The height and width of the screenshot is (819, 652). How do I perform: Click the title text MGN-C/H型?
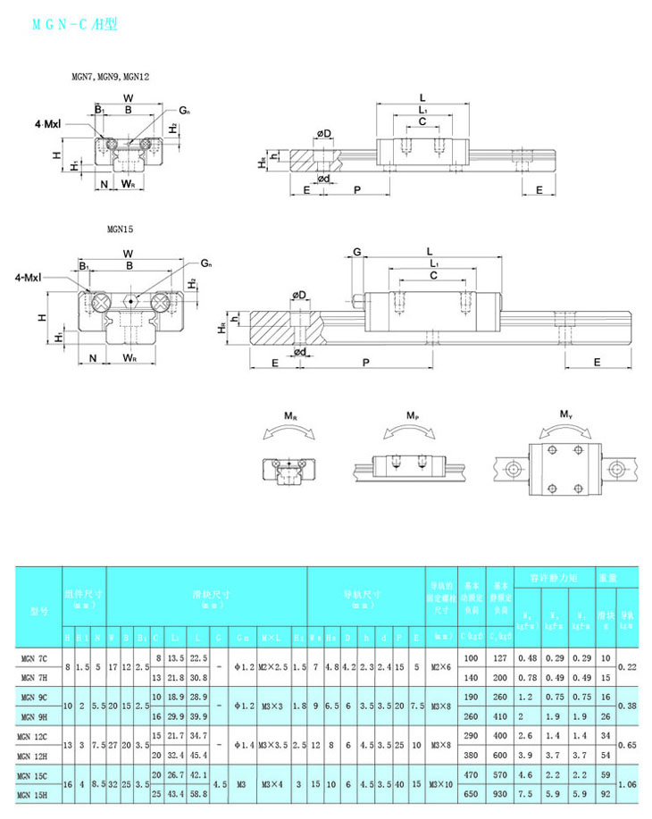tap(75, 25)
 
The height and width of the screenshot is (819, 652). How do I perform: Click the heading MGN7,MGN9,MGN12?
tap(110, 77)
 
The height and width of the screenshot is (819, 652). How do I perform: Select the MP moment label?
tap(412, 416)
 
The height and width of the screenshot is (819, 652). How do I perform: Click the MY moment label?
tap(566, 414)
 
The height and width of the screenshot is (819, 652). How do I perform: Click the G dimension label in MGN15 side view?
tap(356, 253)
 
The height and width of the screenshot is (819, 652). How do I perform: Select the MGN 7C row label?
tap(37, 658)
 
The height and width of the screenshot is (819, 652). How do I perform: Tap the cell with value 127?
tap(498, 658)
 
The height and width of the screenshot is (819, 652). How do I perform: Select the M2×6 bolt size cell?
tap(441, 667)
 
